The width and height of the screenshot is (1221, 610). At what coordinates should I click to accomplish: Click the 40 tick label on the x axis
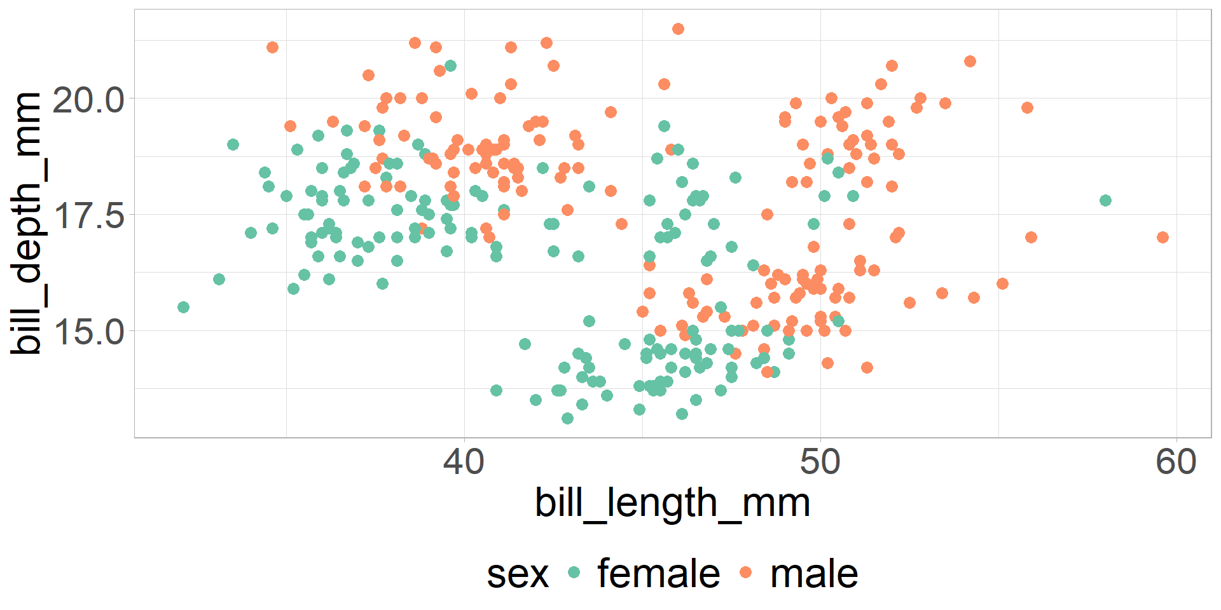[464, 462]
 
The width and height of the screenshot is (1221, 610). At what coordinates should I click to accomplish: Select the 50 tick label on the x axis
[820, 462]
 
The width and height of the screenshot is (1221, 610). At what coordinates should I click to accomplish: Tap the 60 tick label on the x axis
[1176, 462]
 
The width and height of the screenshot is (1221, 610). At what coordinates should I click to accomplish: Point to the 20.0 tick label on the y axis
[88, 100]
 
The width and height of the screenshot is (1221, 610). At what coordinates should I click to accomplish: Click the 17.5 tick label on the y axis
[88, 216]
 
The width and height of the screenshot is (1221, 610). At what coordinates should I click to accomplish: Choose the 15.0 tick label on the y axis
[88, 332]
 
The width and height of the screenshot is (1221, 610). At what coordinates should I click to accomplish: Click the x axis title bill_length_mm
[672, 503]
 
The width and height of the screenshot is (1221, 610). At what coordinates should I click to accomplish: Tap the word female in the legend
[658, 574]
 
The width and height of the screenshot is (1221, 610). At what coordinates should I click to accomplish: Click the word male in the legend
[813, 574]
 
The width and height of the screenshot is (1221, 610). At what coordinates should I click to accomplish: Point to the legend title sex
[517, 574]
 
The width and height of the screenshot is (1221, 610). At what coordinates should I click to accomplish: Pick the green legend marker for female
[574, 573]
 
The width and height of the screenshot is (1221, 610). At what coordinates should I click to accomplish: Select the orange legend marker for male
[746, 573]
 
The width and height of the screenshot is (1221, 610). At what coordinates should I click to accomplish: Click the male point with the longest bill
[1162, 237]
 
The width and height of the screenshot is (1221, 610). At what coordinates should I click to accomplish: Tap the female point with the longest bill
[1105, 200]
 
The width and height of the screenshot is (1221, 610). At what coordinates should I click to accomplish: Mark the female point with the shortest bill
[183, 307]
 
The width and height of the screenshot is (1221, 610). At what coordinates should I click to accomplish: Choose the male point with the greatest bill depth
[678, 29]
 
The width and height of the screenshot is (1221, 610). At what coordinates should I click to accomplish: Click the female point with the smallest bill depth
[567, 418]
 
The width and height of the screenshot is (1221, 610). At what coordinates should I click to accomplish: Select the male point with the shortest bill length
[272, 47]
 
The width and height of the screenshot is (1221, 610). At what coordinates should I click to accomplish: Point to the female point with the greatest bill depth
[450, 65]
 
